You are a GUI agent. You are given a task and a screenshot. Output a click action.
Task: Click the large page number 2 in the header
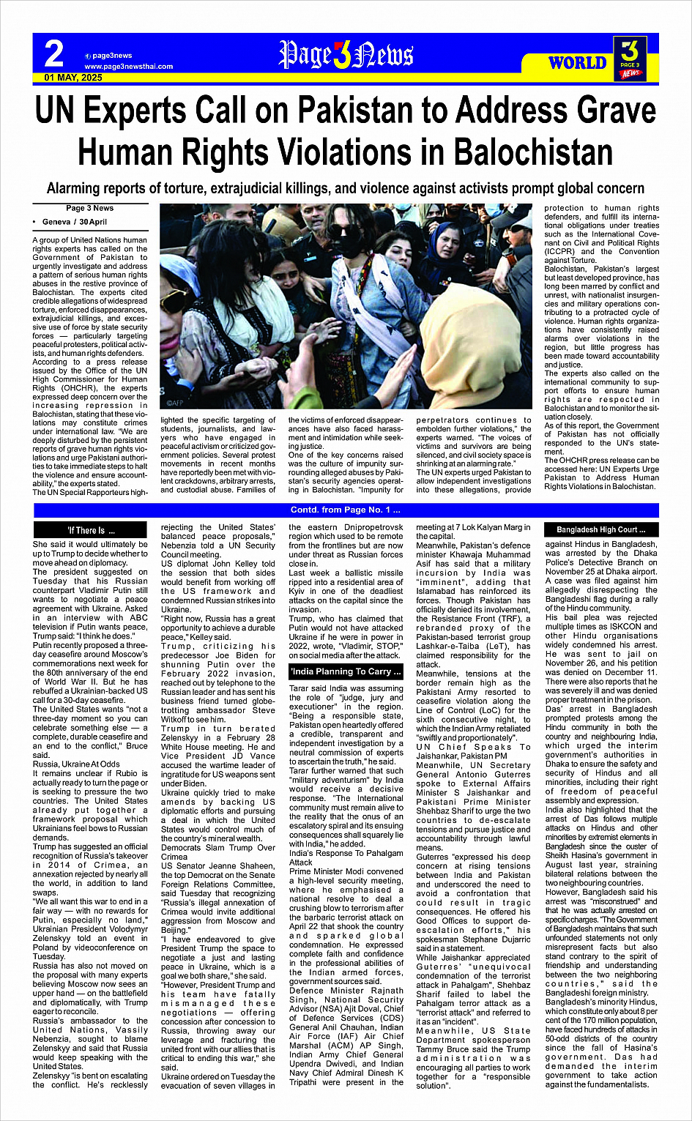click(53, 53)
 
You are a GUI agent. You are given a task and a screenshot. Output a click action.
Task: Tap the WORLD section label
click(578, 62)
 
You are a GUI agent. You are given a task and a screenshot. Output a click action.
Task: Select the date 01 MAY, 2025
click(73, 77)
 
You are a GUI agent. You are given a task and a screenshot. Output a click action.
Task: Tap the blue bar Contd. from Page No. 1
click(346, 510)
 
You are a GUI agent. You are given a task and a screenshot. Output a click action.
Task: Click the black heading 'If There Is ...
click(91, 530)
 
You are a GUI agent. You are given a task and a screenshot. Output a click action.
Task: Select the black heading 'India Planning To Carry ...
click(346, 671)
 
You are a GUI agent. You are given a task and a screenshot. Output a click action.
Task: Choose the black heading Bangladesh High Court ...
click(601, 529)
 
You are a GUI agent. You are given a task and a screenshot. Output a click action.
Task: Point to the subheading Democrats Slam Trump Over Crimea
click(218, 852)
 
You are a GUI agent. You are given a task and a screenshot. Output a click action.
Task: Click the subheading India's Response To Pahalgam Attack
click(346, 857)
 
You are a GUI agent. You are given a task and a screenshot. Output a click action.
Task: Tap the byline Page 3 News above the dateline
click(89, 209)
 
